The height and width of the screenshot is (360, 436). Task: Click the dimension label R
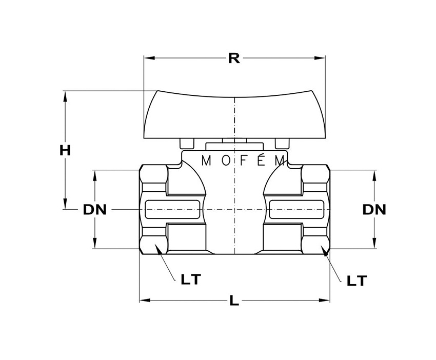click(234, 58)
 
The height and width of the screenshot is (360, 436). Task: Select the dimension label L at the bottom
click(234, 301)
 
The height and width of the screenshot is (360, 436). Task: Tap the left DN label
click(94, 210)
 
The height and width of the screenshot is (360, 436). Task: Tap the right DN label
click(374, 209)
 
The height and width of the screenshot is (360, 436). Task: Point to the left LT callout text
click(191, 279)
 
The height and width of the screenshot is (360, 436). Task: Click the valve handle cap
click(234, 115)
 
